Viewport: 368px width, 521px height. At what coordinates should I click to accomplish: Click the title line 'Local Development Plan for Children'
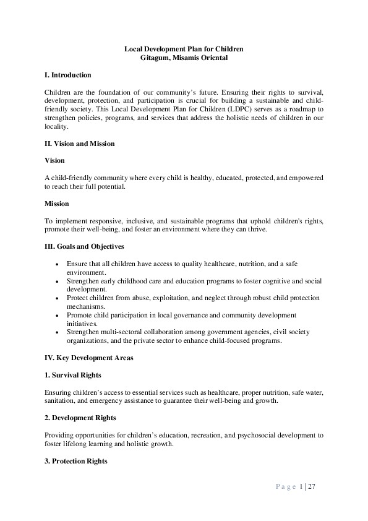184,48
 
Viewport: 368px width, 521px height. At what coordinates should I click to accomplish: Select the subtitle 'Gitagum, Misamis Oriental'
184,58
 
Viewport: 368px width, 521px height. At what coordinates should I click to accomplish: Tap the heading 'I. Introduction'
68,75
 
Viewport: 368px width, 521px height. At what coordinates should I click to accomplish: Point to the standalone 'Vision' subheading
54,160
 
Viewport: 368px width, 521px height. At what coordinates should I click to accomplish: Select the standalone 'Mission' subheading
57,203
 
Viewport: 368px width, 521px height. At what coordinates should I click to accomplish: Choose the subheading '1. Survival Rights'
73,375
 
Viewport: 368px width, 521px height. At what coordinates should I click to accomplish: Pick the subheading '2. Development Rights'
80,418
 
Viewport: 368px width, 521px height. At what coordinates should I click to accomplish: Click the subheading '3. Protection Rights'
76,461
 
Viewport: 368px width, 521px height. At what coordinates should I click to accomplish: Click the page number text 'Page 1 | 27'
296,486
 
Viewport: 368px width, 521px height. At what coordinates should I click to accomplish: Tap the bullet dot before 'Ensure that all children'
58,263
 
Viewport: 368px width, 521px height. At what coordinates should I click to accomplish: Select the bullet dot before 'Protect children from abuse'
58,298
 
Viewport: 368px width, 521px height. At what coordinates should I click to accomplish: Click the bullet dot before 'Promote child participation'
58,315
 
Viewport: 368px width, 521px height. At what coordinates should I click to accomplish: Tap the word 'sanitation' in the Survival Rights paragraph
61,400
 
